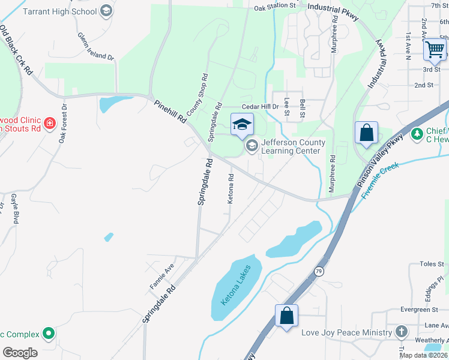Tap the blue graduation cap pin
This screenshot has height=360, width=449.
(x=242, y=124)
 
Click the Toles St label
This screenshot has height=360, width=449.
(x=431, y=263)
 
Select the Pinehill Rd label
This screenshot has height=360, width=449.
(x=170, y=112)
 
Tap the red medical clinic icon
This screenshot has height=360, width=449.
(x=50, y=124)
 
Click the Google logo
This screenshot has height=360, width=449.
(x=20, y=352)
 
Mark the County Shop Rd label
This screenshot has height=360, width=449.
(x=197, y=94)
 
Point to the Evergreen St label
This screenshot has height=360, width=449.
(x=419, y=310)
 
